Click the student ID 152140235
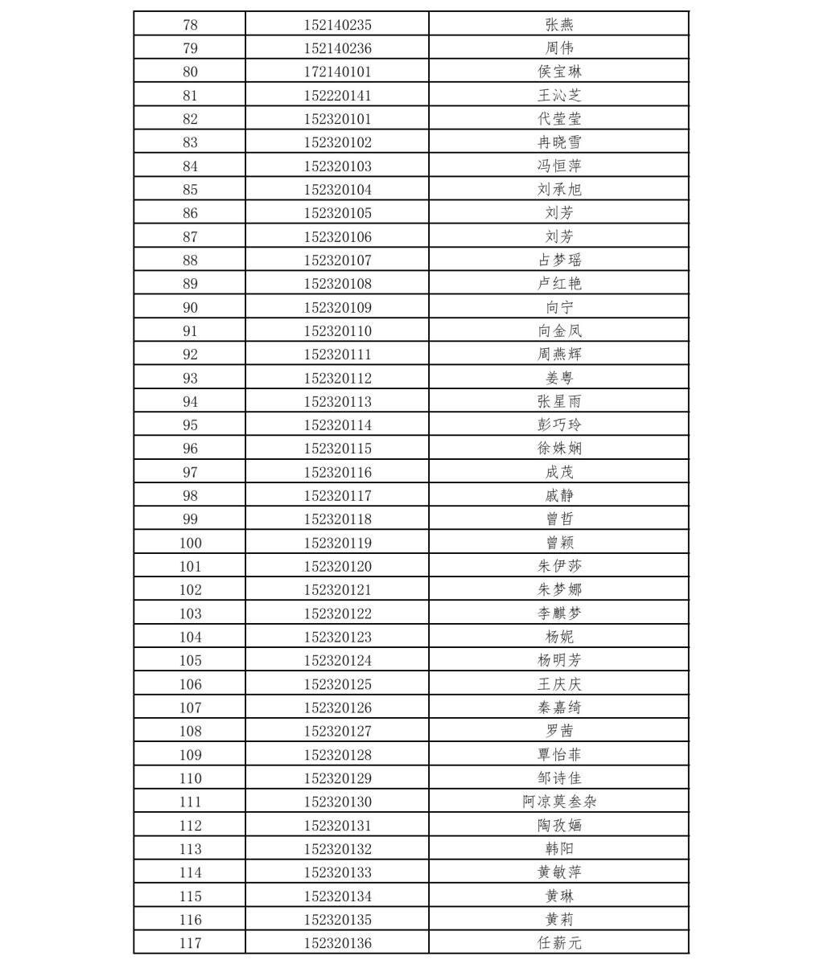[x=337, y=25]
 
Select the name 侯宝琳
[x=559, y=72]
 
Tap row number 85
[x=190, y=190]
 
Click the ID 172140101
[x=337, y=72]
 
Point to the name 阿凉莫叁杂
[x=559, y=802]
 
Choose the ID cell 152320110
[x=337, y=330]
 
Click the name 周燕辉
[x=559, y=354]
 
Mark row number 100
[x=190, y=543]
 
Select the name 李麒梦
[x=559, y=613]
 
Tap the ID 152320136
[x=337, y=943]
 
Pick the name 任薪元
[x=559, y=943]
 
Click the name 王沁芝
[x=559, y=95]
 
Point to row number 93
[x=190, y=378]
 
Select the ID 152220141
[x=337, y=95]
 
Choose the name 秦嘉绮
[x=559, y=708]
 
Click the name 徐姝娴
[x=559, y=449]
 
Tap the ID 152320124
[x=337, y=660]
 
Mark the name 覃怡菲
[x=559, y=755]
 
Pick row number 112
[x=190, y=825]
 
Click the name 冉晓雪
[x=559, y=142]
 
